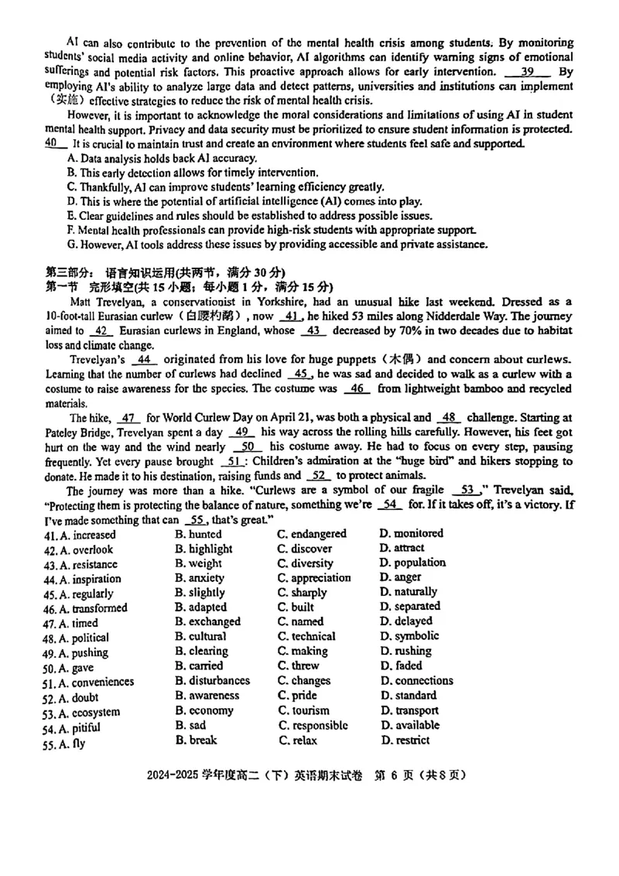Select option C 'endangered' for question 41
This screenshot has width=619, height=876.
click(312, 534)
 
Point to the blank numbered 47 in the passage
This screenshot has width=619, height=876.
click(130, 417)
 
